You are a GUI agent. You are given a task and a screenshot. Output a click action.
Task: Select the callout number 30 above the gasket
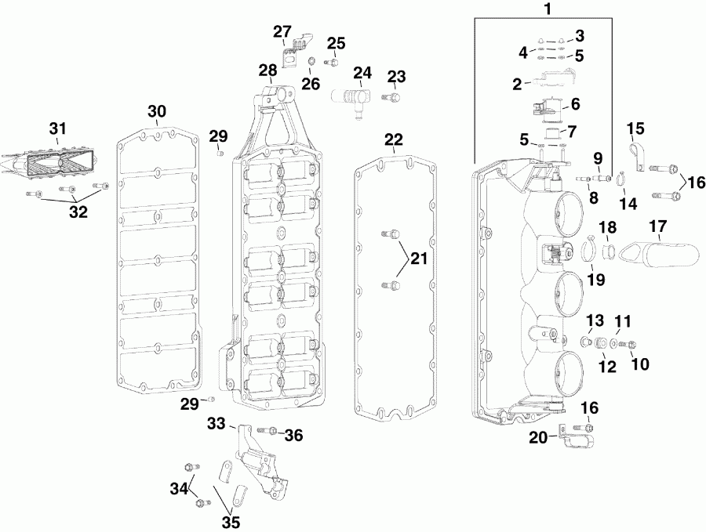click(x=157, y=111)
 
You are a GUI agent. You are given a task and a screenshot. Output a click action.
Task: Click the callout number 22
click(x=393, y=139)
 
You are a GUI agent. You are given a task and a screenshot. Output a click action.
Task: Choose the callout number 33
click(x=217, y=423)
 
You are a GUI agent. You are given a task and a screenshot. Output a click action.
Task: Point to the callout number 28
click(x=267, y=70)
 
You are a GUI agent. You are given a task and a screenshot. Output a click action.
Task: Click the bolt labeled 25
click(x=333, y=62)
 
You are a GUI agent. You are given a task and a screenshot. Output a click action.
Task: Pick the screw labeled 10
click(x=629, y=344)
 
